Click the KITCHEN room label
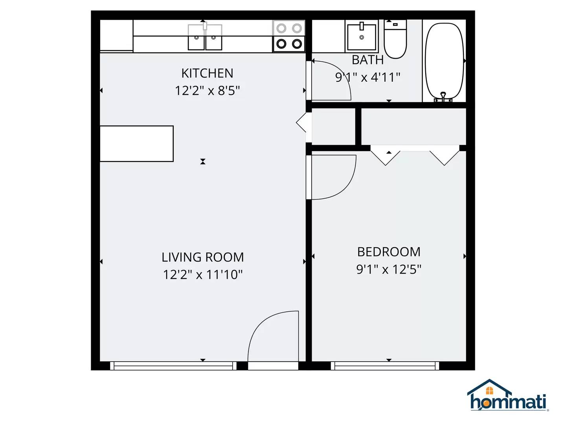pyautogui.click(x=207, y=73)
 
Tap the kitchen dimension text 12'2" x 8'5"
pyautogui.click(x=207, y=91)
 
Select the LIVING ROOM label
pyautogui.click(x=202, y=257)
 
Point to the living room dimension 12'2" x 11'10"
pyautogui.click(x=202, y=274)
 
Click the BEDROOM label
pyautogui.click(x=389, y=252)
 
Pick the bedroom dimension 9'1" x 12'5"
pyautogui.click(x=389, y=269)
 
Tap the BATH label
pyautogui.click(x=368, y=60)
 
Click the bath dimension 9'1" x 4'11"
pyautogui.click(x=368, y=77)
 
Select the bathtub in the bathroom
pyautogui.click(x=445, y=61)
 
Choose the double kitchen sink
pyautogui.click(x=205, y=37)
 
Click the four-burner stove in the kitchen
pyautogui.click(x=289, y=36)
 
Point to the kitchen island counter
pyautogui.click(x=136, y=144)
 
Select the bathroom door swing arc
pyautogui.click(x=330, y=80)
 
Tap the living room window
pyautogui.click(x=173, y=366)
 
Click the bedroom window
pyautogui.click(x=385, y=366)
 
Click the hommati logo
pyautogui.click(x=508, y=396)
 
